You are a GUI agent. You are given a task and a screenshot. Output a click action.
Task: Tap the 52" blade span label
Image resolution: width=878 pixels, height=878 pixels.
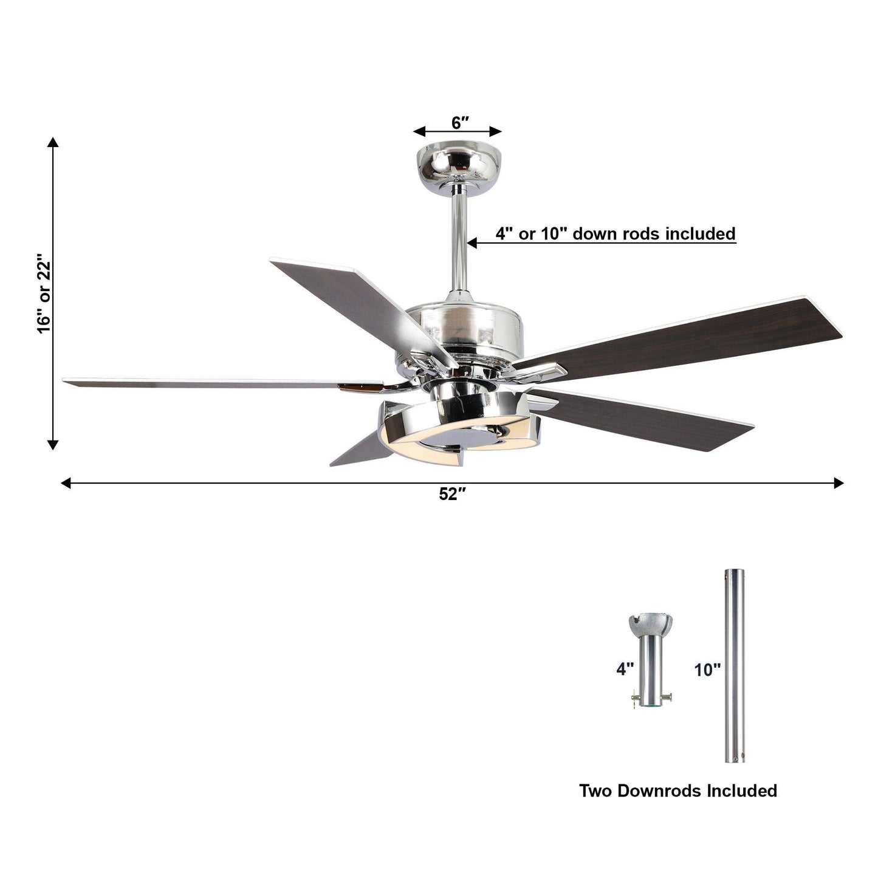452,495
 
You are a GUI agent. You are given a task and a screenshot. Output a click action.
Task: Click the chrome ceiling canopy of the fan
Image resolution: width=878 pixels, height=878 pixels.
457,162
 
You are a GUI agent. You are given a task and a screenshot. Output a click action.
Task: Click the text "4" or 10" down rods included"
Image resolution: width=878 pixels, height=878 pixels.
615,233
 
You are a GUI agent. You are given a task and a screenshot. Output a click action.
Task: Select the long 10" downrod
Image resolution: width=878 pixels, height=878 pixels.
734,665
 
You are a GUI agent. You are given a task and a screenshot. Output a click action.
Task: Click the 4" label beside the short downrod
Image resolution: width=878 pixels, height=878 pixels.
625,670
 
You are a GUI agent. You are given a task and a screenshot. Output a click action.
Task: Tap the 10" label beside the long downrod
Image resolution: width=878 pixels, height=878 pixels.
707,670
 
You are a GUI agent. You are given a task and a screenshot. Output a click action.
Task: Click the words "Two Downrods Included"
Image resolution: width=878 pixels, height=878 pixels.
677,791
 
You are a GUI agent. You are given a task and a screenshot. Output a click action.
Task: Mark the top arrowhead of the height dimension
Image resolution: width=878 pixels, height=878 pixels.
53,142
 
